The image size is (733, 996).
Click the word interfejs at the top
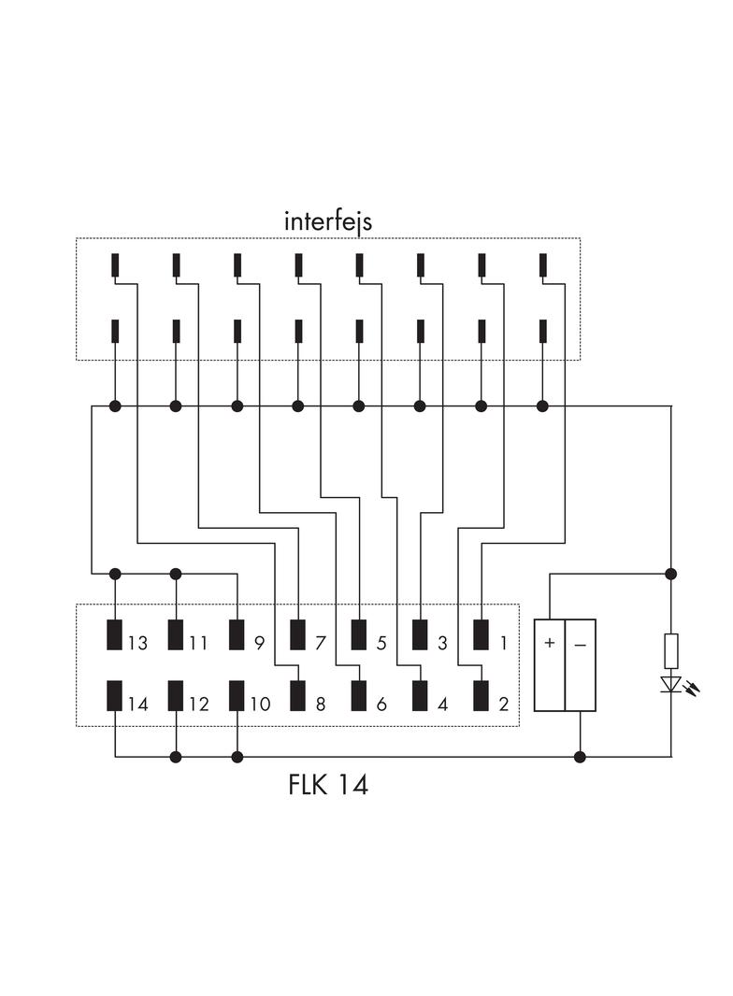(x=328, y=221)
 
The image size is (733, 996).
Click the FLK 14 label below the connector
(x=328, y=785)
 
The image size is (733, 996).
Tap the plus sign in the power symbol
(x=550, y=644)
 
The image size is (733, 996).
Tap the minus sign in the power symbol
(x=581, y=644)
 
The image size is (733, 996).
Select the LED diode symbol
(x=670, y=685)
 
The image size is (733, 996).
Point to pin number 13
(x=137, y=644)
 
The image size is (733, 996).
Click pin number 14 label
(x=137, y=704)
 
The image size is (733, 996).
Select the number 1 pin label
(x=503, y=644)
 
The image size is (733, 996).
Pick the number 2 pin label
(x=503, y=704)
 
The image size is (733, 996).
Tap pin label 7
(x=320, y=644)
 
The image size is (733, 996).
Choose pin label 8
(x=320, y=704)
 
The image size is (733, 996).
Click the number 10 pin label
(x=259, y=704)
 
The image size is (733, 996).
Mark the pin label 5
(x=381, y=644)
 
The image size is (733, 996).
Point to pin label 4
(x=442, y=704)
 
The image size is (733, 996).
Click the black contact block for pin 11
(x=176, y=634)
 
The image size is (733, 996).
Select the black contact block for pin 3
(x=420, y=634)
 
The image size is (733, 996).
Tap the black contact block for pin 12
(x=176, y=696)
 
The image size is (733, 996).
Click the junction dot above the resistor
(x=670, y=573)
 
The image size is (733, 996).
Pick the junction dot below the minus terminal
(x=580, y=756)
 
